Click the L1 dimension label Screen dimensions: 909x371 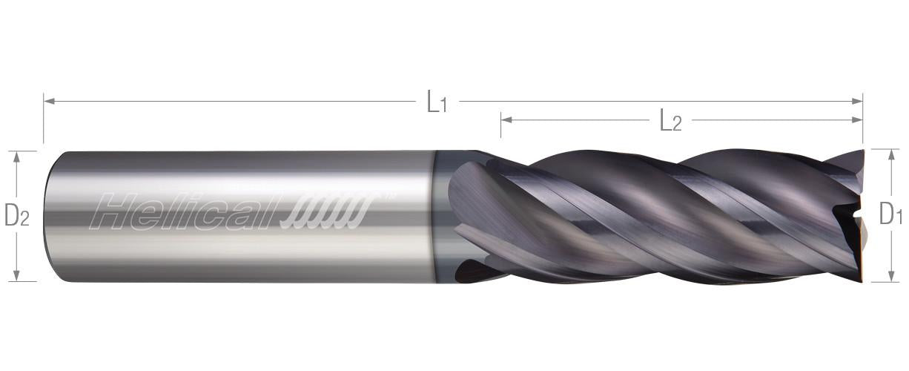tap(437, 102)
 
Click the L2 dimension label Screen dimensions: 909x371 tap(671, 120)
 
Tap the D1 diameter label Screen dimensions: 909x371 tap(890, 214)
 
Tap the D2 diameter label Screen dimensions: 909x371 tap(16, 215)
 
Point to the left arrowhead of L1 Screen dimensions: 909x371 tap(49, 101)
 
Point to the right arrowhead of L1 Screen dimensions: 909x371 tap(856, 101)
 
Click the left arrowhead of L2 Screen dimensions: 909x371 tap(506, 119)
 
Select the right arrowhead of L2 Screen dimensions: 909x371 tap(856, 119)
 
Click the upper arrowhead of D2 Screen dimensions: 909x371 tap(16, 157)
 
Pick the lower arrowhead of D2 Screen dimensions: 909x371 tap(16, 275)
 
